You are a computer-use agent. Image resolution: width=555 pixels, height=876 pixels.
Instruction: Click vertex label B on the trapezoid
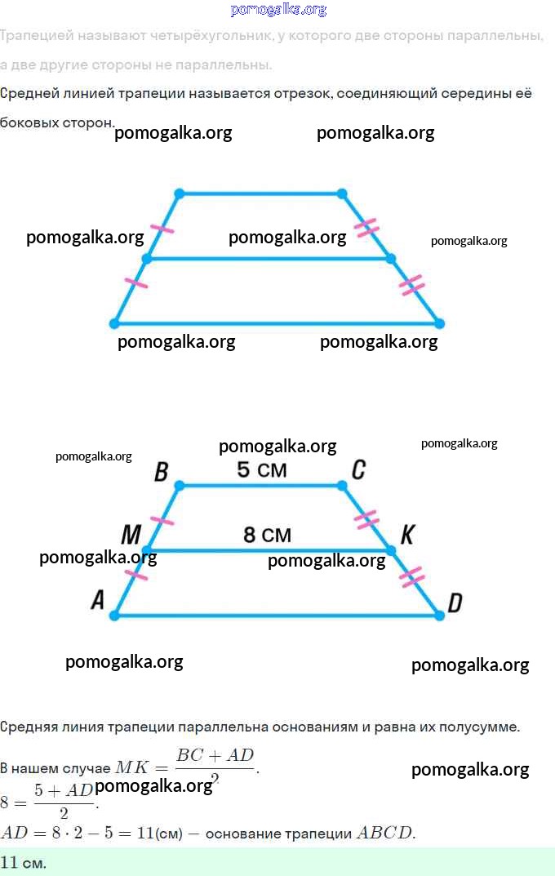[x=161, y=471]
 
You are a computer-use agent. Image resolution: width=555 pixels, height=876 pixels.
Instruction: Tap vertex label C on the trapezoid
[x=357, y=469]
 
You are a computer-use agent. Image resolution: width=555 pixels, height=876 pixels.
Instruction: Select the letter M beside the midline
[x=131, y=535]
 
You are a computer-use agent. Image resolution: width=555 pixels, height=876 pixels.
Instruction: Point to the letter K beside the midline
[x=407, y=535]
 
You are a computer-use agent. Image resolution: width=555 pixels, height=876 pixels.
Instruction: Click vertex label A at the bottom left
[x=98, y=601]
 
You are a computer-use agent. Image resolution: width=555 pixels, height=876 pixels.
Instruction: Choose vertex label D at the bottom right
[x=455, y=603]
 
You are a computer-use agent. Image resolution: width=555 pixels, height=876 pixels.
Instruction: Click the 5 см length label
[x=261, y=469]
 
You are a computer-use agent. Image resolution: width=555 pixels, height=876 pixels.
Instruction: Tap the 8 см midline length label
[x=267, y=535]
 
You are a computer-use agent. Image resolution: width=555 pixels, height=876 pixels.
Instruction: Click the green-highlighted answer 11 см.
[x=24, y=862]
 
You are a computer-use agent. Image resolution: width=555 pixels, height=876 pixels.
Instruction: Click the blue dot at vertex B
[x=180, y=486]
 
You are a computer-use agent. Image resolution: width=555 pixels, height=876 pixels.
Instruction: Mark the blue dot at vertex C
[x=342, y=486]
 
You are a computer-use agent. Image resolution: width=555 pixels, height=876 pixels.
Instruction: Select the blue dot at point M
[x=147, y=550]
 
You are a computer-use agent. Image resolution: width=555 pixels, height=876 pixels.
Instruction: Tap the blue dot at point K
[x=390, y=550]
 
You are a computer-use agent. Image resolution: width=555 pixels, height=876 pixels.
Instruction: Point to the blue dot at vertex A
[x=114, y=615]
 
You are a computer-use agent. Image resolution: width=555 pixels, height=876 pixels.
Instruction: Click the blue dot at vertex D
[x=439, y=615]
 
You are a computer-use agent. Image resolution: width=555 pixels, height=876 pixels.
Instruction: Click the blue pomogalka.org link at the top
[x=278, y=10]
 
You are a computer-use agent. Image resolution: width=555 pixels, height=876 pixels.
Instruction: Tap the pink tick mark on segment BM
[x=163, y=519]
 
